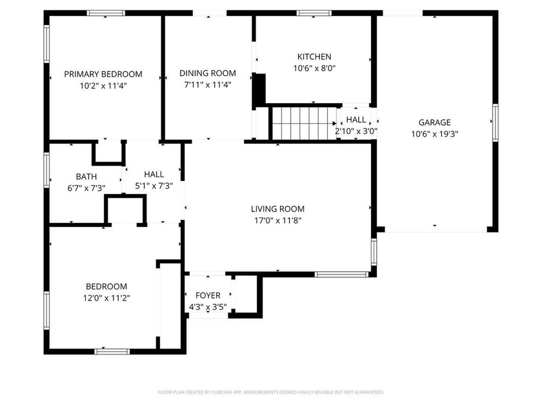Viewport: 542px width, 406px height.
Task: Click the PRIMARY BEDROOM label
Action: [x=103, y=74]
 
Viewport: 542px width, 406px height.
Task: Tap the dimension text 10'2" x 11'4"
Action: [x=103, y=85]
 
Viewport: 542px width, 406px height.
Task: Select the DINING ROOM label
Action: [x=207, y=73]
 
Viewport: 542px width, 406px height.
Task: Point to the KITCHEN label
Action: [x=314, y=57]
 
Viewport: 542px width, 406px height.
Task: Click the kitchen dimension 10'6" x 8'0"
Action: [x=314, y=68]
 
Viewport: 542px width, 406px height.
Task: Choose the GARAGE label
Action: [x=434, y=122]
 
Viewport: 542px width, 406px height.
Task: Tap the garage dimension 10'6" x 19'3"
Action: [x=434, y=133]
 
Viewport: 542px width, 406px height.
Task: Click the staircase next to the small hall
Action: [x=304, y=122]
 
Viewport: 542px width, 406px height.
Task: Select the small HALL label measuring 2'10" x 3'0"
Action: [x=356, y=120]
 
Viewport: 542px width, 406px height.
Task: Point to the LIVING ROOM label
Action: [x=277, y=209]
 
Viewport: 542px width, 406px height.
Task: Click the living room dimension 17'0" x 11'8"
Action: [x=277, y=220]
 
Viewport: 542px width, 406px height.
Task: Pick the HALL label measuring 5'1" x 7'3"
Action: [x=154, y=174]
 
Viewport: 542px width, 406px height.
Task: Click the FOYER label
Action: [x=208, y=296]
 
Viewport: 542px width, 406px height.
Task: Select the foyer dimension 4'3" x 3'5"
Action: [x=208, y=307]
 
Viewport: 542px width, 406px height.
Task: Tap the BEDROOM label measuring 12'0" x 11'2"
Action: [x=106, y=286]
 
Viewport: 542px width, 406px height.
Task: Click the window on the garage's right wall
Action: [x=495, y=122]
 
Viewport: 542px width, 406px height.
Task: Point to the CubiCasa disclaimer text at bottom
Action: [x=271, y=392]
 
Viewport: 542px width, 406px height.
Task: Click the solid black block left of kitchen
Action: [x=259, y=89]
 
